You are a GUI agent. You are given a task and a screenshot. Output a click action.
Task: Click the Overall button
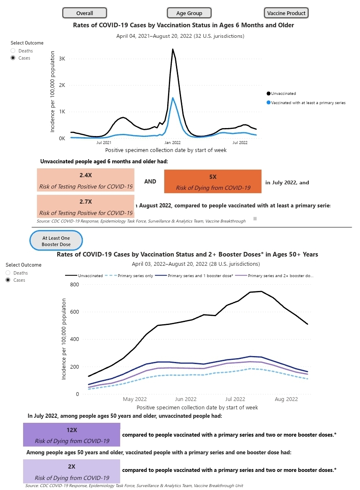tap(84, 13)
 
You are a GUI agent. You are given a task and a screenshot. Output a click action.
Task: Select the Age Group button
tap(189, 13)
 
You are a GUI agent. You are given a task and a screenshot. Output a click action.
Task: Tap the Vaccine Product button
tap(286, 13)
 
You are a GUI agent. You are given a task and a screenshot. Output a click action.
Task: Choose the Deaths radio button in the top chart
tap(13, 51)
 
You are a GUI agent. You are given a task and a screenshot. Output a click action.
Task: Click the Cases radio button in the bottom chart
tap(8, 280)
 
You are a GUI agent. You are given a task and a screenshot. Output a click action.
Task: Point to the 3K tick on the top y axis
tap(62, 58)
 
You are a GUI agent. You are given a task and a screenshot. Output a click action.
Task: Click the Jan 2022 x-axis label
tap(172, 143)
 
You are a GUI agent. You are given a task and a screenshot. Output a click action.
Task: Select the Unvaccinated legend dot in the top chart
tap(268, 94)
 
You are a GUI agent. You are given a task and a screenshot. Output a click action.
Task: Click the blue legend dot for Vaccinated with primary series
tap(268, 102)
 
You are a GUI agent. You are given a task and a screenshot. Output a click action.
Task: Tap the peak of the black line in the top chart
tap(173, 49)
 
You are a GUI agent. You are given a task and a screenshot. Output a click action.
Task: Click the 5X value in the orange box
tap(213, 177)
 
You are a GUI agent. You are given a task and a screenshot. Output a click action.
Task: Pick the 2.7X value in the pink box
tap(86, 202)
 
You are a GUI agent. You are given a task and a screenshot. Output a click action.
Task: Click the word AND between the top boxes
tap(150, 181)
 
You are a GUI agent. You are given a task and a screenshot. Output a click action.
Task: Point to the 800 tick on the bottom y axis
tap(74, 285)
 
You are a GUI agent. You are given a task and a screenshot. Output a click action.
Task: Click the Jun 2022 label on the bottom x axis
tap(185, 399)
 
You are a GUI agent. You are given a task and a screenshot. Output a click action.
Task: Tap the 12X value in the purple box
tap(72, 430)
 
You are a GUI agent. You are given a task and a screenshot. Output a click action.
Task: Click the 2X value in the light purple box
tap(72, 466)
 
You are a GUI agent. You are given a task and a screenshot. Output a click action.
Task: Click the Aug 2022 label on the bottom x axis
tap(286, 399)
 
